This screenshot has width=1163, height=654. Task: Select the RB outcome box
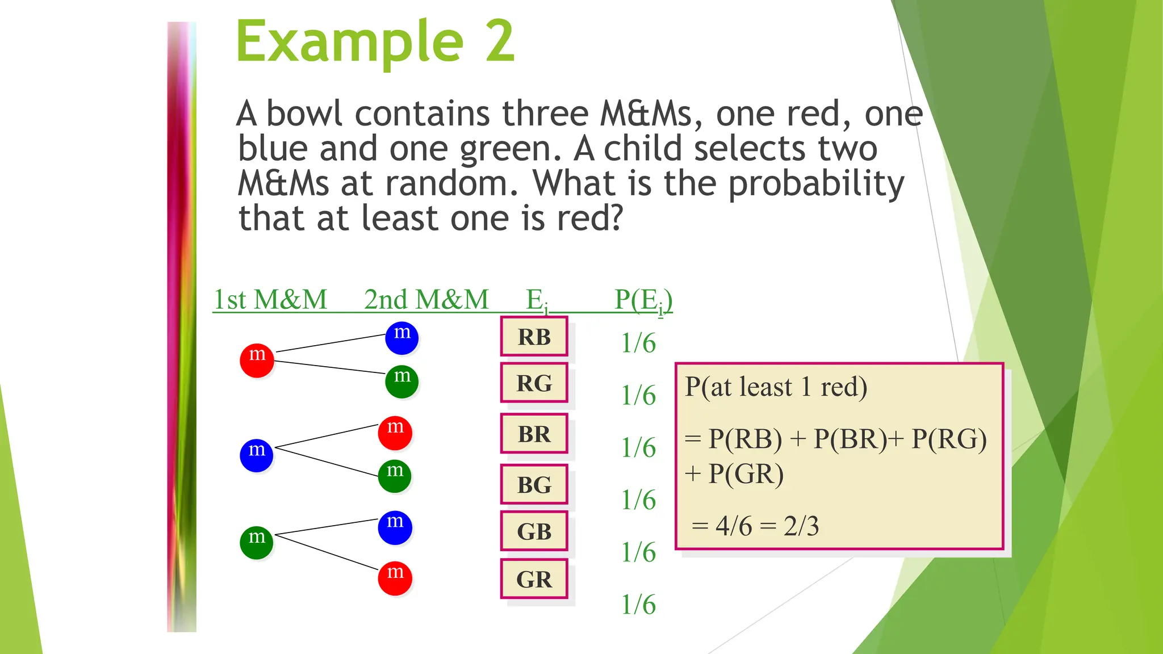point(534,337)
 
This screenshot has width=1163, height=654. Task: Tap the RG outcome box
point(534,383)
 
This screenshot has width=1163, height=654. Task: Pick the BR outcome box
point(534,434)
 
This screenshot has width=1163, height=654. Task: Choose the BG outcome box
point(534,485)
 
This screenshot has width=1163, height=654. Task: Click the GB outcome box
point(534,531)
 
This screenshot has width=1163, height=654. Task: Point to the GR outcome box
point(534,579)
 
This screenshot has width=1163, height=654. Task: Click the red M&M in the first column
point(257,360)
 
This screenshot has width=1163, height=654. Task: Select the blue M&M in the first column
point(257,455)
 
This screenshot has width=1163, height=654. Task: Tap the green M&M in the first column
point(257,542)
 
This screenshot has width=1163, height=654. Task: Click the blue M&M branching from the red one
point(402,337)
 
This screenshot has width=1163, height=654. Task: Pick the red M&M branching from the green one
point(395,578)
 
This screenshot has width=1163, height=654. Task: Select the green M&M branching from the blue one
point(395,476)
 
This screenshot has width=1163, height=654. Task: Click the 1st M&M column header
point(270,299)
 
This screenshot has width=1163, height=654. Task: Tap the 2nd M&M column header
point(426,299)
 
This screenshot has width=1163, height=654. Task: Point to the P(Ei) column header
point(643,300)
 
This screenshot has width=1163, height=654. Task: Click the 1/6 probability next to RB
point(638,343)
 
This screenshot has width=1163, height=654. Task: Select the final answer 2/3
point(801,526)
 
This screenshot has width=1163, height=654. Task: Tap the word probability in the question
point(816,184)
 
